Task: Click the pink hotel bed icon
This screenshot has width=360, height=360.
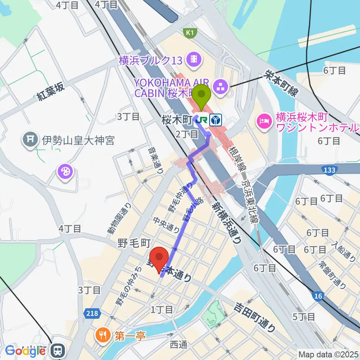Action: tap(262, 121)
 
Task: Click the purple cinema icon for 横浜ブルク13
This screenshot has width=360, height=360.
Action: tap(195, 58)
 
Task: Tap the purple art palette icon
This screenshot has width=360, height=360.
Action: tap(65, 172)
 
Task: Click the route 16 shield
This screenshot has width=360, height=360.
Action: tap(318, 296)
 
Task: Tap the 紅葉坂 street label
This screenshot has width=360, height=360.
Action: tap(51, 91)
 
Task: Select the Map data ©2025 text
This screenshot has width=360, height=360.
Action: tap(328, 354)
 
